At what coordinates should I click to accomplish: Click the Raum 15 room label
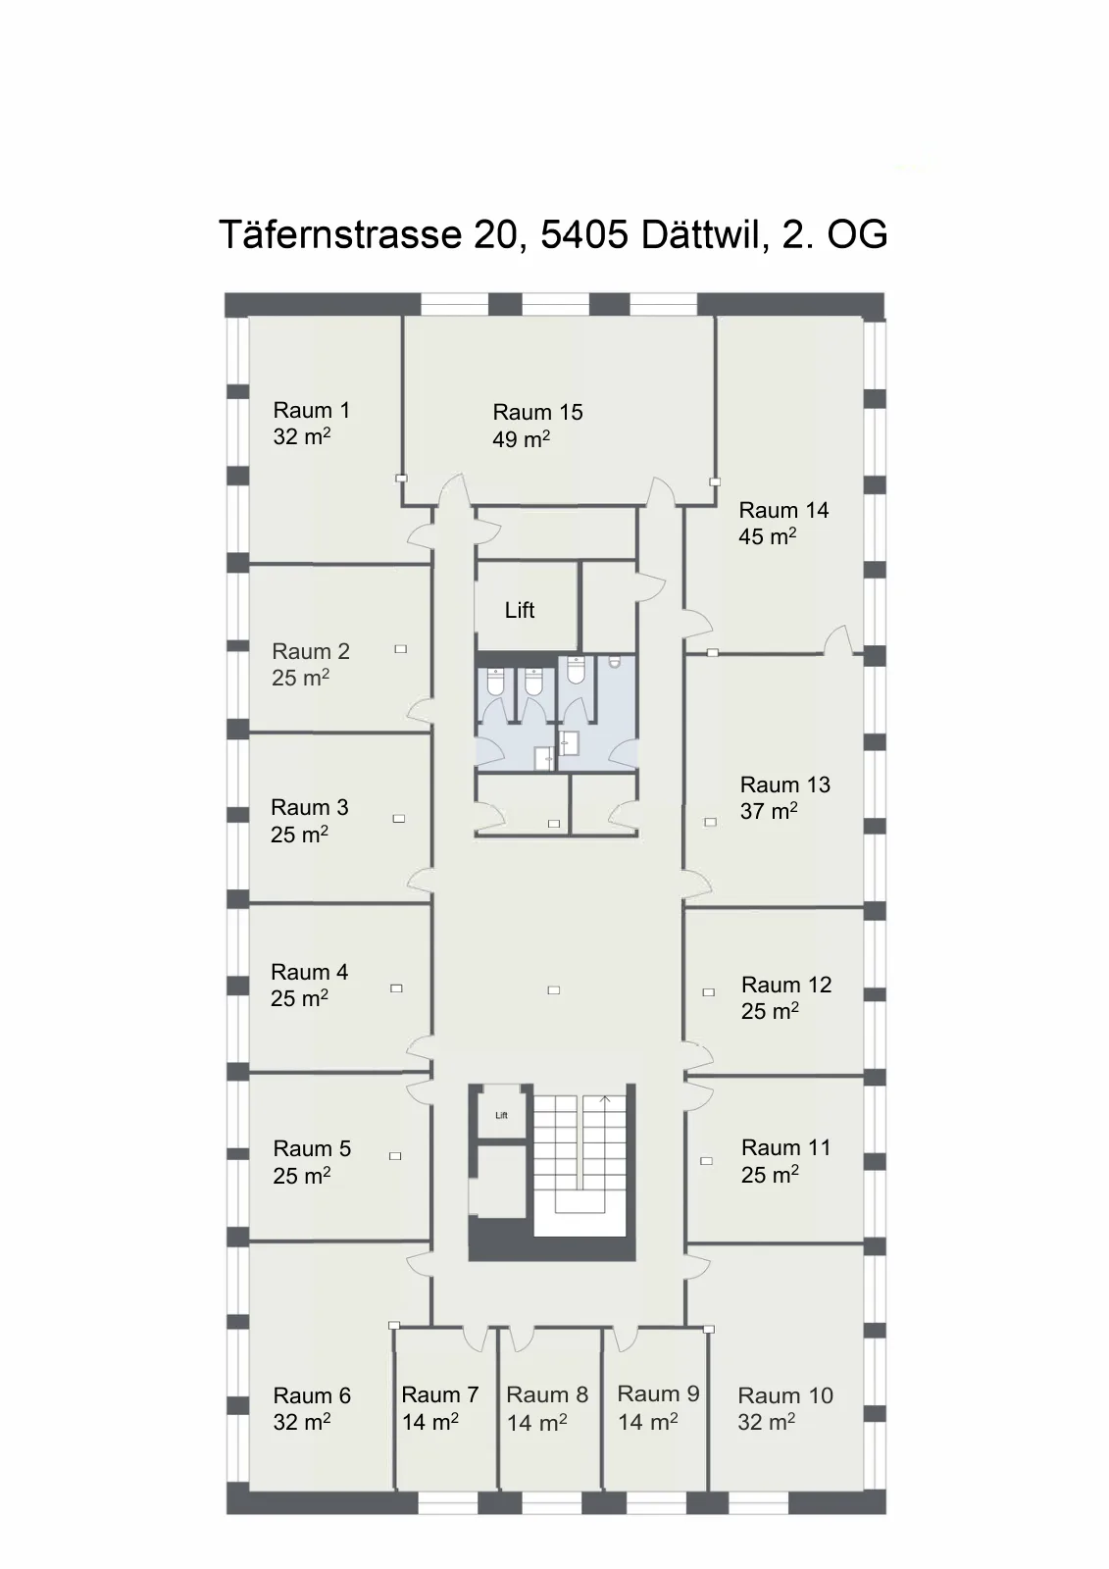pyautogui.click(x=537, y=412)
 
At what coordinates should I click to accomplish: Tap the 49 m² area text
pyautogui.click(x=522, y=439)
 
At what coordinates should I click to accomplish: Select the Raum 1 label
pyautogui.click(x=311, y=410)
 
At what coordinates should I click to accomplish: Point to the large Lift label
pyautogui.click(x=519, y=610)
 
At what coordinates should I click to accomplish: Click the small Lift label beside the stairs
pyautogui.click(x=502, y=1115)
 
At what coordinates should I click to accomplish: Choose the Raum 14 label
pyautogui.click(x=783, y=510)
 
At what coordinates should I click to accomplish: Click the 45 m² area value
pyautogui.click(x=767, y=536)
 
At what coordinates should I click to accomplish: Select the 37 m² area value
pyautogui.click(x=769, y=811)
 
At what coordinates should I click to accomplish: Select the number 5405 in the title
pyautogui.click(x=584, y=234)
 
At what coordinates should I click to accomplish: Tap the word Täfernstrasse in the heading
pyautogui.click(x=340, y=234)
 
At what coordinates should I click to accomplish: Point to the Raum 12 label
pyautogui.click(x=786, y=985)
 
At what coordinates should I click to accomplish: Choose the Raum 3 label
pyautogui.click(x=310, y=807)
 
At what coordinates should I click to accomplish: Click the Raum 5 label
pyautogui.click(x=312, y=1148)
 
